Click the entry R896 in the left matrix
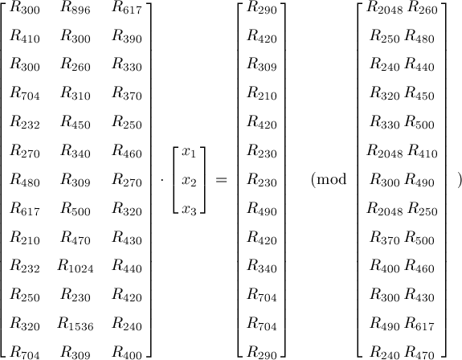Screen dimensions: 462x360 [76, 8]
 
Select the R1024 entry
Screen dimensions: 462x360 [76, 266]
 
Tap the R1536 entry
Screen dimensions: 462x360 [76, 324]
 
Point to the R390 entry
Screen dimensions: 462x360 [127, 36]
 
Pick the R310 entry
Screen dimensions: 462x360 [76, 94]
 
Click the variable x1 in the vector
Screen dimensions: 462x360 [189, 152]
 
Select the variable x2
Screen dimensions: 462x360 [189, 181]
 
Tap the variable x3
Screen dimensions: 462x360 [189, 210]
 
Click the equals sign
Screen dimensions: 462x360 [221, 179]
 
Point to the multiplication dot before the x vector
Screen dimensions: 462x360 [162, 179]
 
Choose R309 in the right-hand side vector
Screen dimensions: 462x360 [262, 65]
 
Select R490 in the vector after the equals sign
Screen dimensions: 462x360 [262, 209]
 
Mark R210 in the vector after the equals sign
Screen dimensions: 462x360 [262, 94]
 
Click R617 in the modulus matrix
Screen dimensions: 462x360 [419, 324]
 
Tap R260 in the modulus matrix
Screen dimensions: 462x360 [423, 8]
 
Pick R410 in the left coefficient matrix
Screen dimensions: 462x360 [25, 36]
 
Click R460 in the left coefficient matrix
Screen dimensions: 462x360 [127, 151]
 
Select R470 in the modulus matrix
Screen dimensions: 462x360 [419, 353]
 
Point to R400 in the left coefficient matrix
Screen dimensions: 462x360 [127, 353]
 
